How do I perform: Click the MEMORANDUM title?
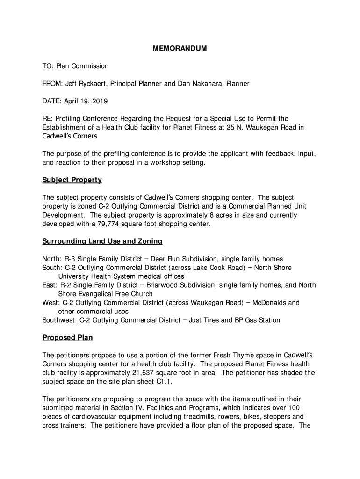tap(180, 49)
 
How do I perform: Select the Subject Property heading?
tap(72, 180)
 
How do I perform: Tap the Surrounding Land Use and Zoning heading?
tap(102, 241)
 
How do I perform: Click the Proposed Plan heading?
tap(68, 338)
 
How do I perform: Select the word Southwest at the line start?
tap(59, 320)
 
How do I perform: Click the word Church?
tap(141, 294)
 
